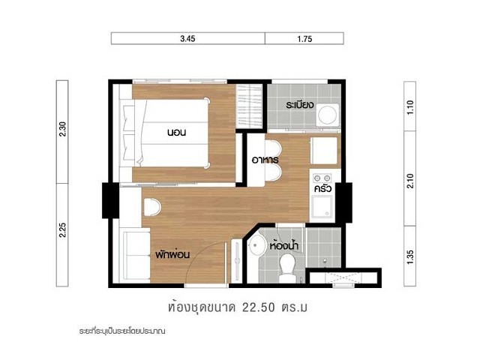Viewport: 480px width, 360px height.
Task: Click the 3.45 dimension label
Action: pyautogui.click(x=187, y=39)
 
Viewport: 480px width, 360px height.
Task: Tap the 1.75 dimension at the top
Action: pyautogui.click(x=304, y=39)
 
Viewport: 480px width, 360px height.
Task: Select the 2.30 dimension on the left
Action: pyautogui.click(x=62, y=129)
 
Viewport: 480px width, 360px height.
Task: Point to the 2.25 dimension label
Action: pyautogui.click(x=62, y=230)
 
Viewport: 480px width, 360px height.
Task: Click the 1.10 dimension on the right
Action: pyautogui.click(x=410, y=107)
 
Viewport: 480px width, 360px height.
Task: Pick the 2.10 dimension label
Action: pyautogui.click(x=410, y=181)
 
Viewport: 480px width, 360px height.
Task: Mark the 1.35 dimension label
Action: pyautogui.click(x=410, y=257)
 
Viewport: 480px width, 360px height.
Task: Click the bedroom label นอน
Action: pyautogui.click(x=177, y=133)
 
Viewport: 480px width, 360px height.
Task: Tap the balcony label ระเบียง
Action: pyautogui.click(x=300, y=105)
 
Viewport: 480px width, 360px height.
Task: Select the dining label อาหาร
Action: pyautogui.click(x=265, y=160)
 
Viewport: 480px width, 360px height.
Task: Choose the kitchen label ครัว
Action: pyautogui.click(x=323, y=188)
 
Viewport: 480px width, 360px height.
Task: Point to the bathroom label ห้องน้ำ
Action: pyautogui.click(x=284, y=245)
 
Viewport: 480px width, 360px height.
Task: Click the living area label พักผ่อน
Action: pyautogui.click(x=172, y=254)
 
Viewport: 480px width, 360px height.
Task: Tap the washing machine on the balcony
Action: pyautogui.click(x=328, y=115)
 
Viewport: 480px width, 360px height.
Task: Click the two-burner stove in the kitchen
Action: pyautogui.click(x=322, y=178)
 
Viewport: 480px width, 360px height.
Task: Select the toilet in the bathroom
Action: pyautogui.click(x=287, y=267)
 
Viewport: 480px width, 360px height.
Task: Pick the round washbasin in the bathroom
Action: pyautogui.click(x=256, y=245)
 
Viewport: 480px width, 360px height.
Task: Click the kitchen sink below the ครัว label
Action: pyautogui.click(x=322, y=207)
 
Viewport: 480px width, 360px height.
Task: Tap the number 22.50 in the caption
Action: pyautogui.click(x=259, y=307)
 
